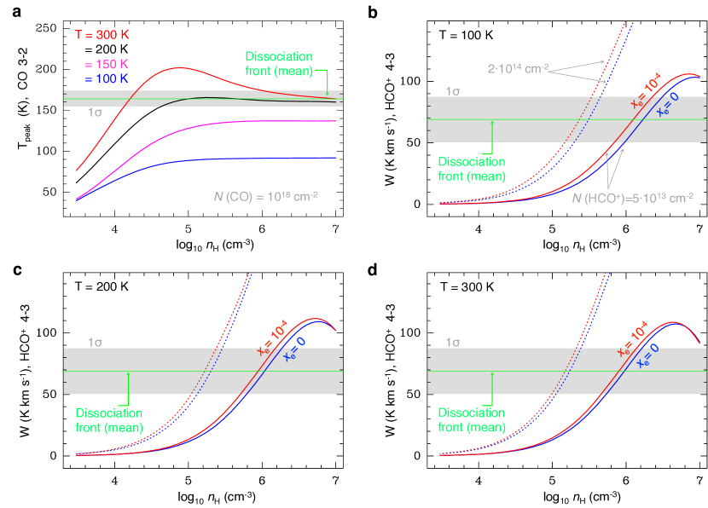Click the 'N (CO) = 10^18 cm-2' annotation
click(266, 195)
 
